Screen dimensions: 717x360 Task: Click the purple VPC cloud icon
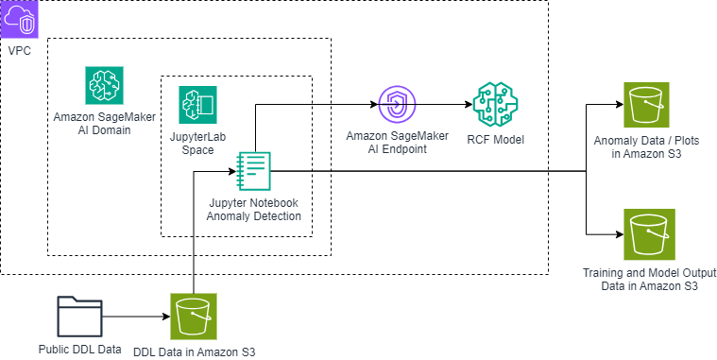(20, 20)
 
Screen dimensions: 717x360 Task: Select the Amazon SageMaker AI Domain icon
(105, 86)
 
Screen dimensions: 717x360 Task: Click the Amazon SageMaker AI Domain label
(105, 123)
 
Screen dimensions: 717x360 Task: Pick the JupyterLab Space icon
(197, 105)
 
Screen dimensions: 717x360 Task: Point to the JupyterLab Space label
(198, 144)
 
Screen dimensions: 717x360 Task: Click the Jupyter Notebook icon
(253, 171)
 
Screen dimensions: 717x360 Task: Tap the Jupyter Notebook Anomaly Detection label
(253, 210)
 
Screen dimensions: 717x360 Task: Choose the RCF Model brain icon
(494, 105)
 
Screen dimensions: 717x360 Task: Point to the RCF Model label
(495, 140)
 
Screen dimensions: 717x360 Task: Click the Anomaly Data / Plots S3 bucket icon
(647, 106)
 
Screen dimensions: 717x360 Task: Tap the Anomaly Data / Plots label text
(645, 146)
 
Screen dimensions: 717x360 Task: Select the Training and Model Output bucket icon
(648, 234)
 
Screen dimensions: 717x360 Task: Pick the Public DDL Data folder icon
(79, 316)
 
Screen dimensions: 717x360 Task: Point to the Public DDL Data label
(80, 349)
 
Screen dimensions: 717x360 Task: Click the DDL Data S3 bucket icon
(194, 316)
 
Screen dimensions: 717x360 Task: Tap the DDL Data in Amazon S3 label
(195, 351)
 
